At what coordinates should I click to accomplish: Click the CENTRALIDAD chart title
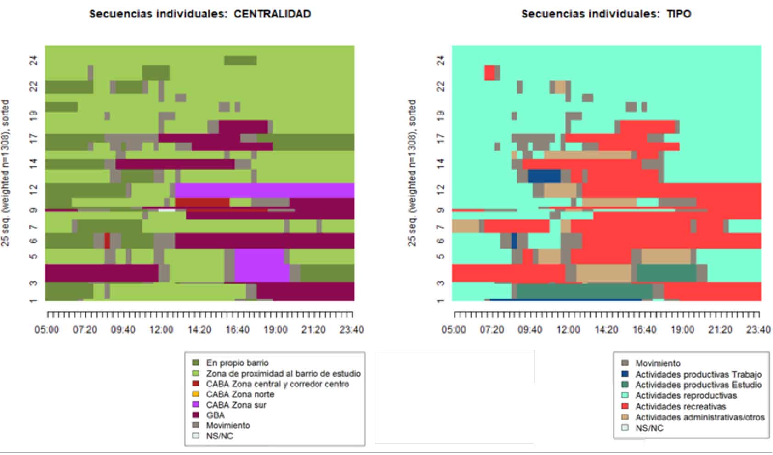(x=200, y=14)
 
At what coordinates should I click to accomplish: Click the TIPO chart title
(x=606, y=14)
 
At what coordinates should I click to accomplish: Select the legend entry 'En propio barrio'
(x=237, y=363)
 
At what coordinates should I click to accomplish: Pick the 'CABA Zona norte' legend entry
(x=239, y=394)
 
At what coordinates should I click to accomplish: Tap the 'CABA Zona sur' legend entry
(x=236, y=405)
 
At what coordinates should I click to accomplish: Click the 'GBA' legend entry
(x=215, y=415)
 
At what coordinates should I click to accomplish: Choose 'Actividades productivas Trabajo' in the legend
(x=698, y=374)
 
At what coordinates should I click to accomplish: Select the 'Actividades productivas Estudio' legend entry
(x=698, y=385)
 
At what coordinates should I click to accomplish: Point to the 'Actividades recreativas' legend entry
(x=680, y=407)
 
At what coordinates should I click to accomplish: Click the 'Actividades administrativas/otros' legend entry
(x=699, y=417)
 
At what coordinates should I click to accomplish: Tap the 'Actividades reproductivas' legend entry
(x=686, y=396)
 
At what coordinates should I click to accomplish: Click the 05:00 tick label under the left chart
(x=47, y=330)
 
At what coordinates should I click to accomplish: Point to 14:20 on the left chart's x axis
(x=199, y=330)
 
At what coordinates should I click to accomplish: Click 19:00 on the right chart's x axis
(x=682, y=330)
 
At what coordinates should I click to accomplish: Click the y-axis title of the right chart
(x=412, y=173)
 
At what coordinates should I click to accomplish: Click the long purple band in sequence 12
(x=264, y=190)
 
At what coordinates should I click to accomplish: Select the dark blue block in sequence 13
(x=544, y=176)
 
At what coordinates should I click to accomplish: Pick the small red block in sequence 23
(x=489, y=73)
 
